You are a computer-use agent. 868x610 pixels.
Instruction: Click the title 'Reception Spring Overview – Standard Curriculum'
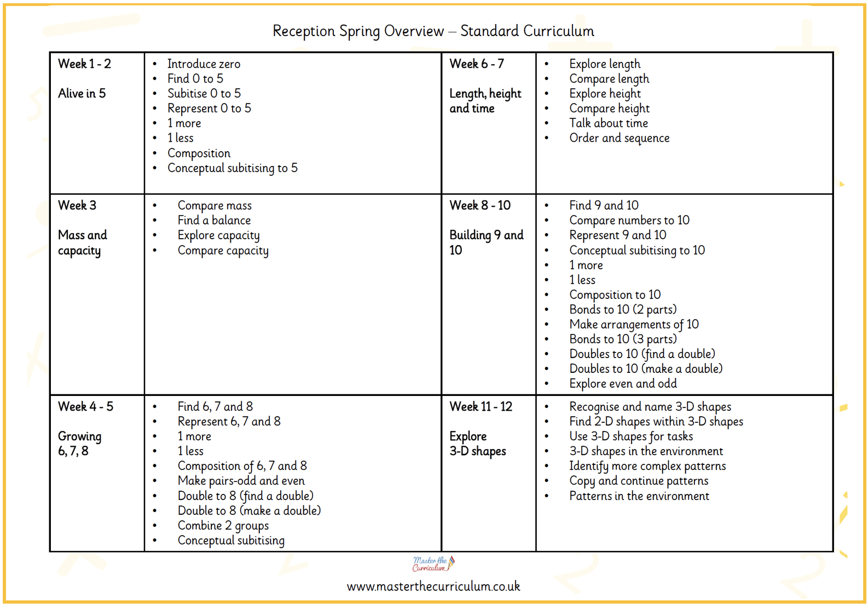(x=433, y=31)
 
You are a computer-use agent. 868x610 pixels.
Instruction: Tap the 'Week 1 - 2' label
(x=84, y=64)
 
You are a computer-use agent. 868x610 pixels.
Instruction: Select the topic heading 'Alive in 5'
(x=82, y=94)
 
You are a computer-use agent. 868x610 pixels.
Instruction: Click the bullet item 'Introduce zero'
(x=204, y=64)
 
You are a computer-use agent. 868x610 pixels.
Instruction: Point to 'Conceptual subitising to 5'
(x=232, y=168)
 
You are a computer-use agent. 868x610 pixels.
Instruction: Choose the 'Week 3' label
(x=77, y=205)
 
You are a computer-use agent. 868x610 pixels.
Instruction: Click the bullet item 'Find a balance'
(x=214, y=220)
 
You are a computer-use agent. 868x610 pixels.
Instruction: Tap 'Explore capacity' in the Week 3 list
(x=218, y=235)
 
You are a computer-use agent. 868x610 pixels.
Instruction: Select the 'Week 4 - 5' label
(x=85, y=406)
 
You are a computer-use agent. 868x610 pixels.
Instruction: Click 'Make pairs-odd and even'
(x=241, y=481)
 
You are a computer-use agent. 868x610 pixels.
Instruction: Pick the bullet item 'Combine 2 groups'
(x=223, y=526)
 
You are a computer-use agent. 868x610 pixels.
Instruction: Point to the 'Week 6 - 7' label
(x=477, y=64)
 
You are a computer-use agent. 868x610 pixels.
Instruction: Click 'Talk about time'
(x=608, y=123)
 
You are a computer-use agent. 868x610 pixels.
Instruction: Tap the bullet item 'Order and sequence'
(x=619, y=138)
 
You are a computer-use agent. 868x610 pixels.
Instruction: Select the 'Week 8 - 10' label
(x=480, y=205)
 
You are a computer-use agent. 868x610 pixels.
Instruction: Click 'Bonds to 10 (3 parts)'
(x=623, y=339)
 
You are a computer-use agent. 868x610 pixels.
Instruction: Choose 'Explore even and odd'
(x=623, y=384)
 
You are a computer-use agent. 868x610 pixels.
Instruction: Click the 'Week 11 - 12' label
(x=481, y=406)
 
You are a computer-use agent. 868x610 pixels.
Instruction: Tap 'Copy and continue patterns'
(x=639, y=481)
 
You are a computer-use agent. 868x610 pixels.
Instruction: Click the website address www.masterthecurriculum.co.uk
(x=433, y=586)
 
